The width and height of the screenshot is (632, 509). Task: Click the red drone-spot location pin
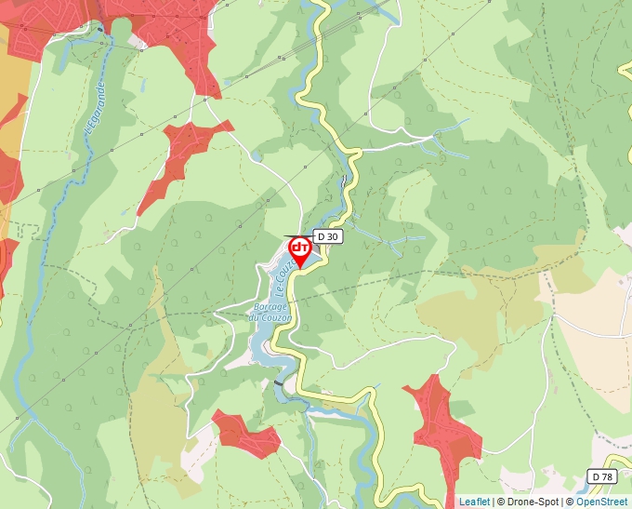pyautogui.click(x=300, y=250)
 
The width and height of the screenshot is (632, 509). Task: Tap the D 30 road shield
pyautogui.click(x=328, y=236)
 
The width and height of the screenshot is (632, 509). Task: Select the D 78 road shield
pyautogui.click(x=602, y=476)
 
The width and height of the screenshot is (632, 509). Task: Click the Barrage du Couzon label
pyautogui.click(x=270, y=312)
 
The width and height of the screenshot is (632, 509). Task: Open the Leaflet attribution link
pyautogui.click(x=474, y=502)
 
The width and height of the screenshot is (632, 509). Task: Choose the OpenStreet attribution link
pyautogui.click(x=601, y=502)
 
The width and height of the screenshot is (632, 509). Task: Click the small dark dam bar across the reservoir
pyautogui.click(x=280, y=382)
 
